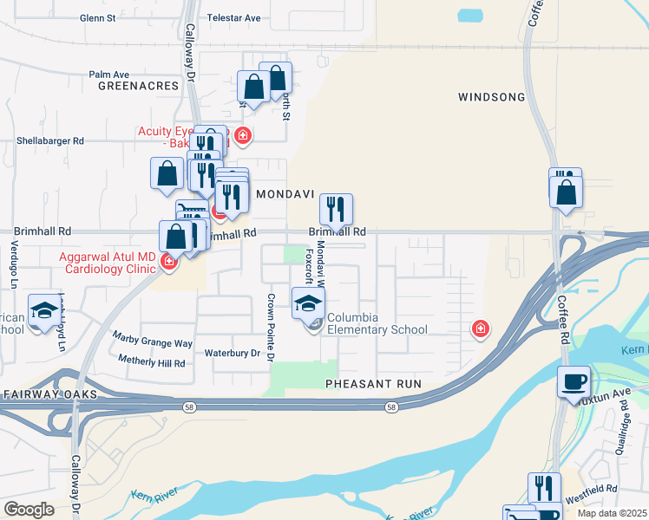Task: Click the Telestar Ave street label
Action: [233, 17]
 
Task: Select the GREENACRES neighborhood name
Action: [138, 87]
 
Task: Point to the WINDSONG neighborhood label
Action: [491, 97]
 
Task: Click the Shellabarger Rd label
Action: [50, 140]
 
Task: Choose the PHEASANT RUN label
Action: [373, 383]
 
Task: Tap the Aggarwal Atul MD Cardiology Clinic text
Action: [107, 263]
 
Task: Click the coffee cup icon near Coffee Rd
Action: [574, 381]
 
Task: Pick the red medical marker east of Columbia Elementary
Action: [479, 328]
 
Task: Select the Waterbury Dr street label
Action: [232, 354]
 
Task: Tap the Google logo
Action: [29, 509]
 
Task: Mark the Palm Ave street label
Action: [108, 75]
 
